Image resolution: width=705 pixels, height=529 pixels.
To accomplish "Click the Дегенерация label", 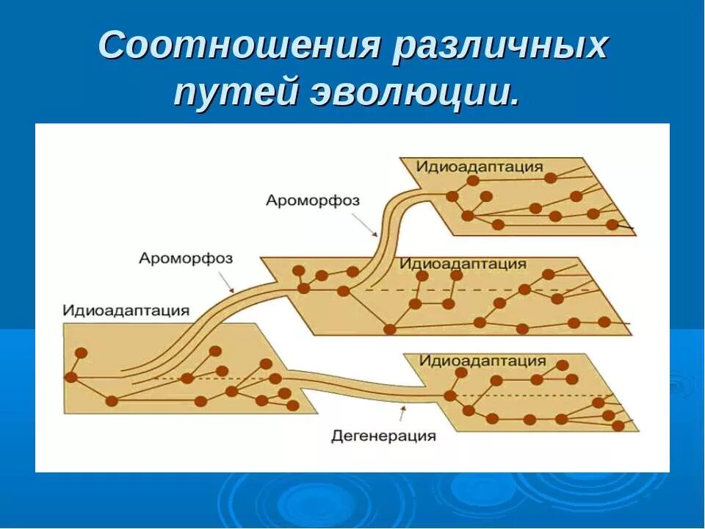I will [383, 436].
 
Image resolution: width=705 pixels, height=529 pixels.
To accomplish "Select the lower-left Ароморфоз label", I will [185, 258].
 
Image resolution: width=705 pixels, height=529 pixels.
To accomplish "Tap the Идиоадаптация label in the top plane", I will [480, 166].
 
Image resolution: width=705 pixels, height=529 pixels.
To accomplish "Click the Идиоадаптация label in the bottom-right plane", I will [482, 361].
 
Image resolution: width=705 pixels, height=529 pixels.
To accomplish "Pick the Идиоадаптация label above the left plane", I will [126, 310].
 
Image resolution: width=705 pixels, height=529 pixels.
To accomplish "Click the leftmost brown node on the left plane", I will [71, 377].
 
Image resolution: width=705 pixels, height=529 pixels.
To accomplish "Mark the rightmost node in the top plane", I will [612, 225].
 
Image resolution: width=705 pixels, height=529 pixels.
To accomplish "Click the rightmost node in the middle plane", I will [604, 321].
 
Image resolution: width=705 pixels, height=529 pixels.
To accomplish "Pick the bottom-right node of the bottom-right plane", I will [618, 425].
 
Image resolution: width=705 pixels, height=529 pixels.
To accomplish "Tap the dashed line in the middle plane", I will [477, 290].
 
